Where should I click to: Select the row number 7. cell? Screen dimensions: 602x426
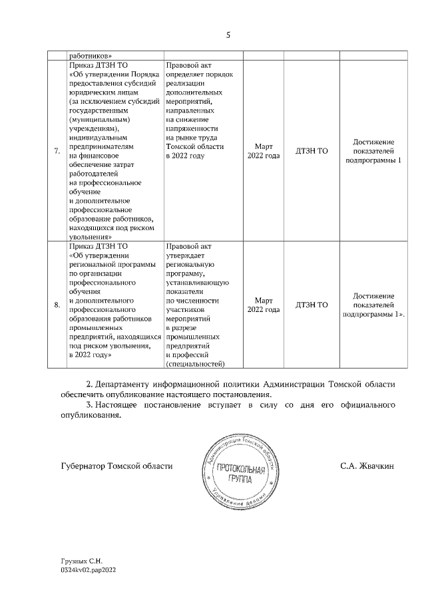[57, 152]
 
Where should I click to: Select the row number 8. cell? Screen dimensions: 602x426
[57, 305]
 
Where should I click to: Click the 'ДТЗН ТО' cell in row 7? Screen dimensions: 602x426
[312, 152]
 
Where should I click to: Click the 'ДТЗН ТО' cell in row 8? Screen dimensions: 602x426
[312, 305]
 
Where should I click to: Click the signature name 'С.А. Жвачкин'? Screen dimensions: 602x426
[367, 466]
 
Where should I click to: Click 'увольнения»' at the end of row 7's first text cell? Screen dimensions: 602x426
[89, 235]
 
